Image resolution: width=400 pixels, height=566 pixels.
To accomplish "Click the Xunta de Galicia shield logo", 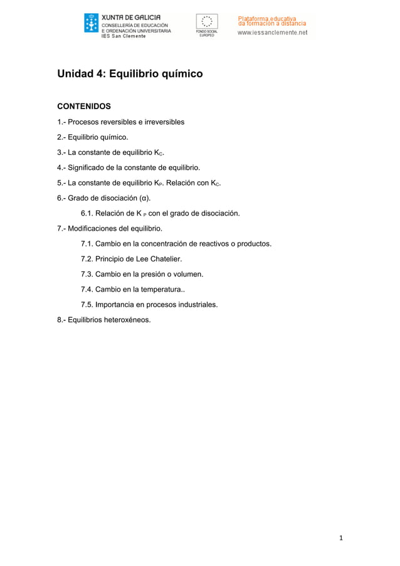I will point(91,23).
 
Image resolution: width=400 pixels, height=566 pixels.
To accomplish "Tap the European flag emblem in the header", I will point(207,21).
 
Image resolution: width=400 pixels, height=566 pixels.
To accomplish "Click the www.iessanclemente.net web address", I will point(272,33).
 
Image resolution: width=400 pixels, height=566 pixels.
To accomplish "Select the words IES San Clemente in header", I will point(124,36).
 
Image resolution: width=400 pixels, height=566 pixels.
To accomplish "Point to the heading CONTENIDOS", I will point(84,106).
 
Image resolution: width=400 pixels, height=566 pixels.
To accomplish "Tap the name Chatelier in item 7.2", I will point(164,259).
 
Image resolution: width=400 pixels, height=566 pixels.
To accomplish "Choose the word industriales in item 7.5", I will point(196,305).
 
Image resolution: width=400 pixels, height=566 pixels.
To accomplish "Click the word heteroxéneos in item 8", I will point(128,320).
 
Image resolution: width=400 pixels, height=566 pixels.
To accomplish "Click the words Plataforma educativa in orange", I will point(266,19).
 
